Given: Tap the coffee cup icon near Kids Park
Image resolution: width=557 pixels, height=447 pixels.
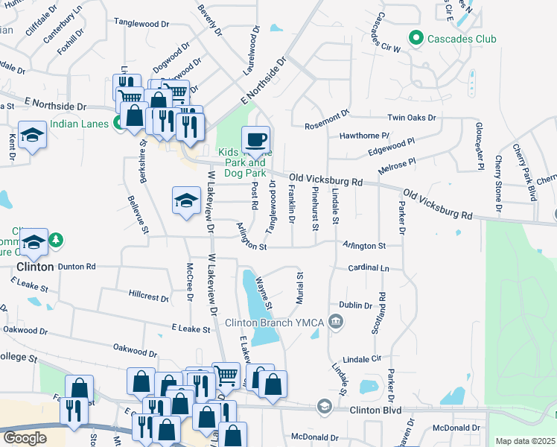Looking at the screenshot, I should click(x=255, y=139).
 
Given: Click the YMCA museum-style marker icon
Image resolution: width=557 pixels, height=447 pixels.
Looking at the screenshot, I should click(x=337, y=322).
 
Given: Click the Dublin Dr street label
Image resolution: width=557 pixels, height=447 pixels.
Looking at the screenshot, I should click(x=355, y=305).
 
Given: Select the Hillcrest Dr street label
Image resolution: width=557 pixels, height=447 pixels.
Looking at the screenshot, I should click(x=149, y=297).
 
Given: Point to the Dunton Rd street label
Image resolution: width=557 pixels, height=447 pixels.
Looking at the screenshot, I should click(x=77, y=266).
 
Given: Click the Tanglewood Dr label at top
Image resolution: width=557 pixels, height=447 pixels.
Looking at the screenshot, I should click(x=141, y=24).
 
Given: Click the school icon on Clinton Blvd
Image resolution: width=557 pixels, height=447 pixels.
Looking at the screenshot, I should click(x=324, y=407).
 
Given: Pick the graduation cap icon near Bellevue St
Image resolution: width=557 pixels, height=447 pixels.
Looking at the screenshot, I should click(x=186, y=200).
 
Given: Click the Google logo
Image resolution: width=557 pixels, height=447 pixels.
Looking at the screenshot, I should click(x=25, y=437).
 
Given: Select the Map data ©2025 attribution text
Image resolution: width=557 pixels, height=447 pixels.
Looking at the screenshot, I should click(x=525, y=441).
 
